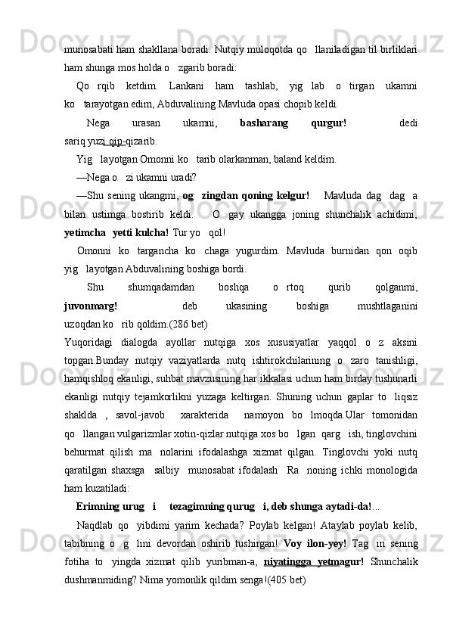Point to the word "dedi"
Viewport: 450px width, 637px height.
coord(408,123)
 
